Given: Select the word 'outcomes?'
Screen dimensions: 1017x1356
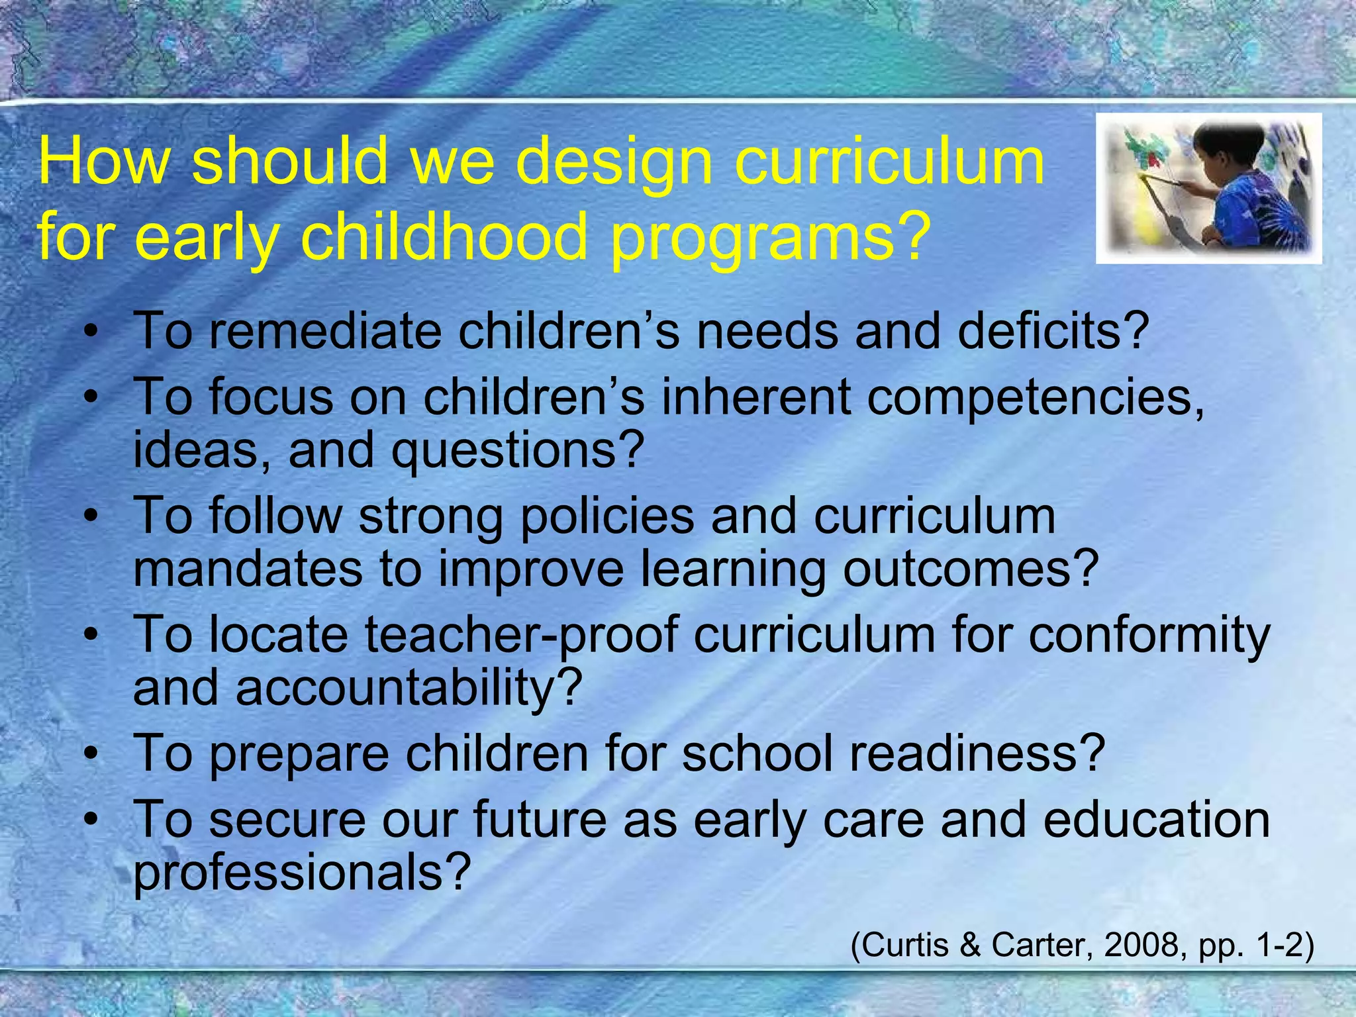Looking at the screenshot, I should coord(971,569).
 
